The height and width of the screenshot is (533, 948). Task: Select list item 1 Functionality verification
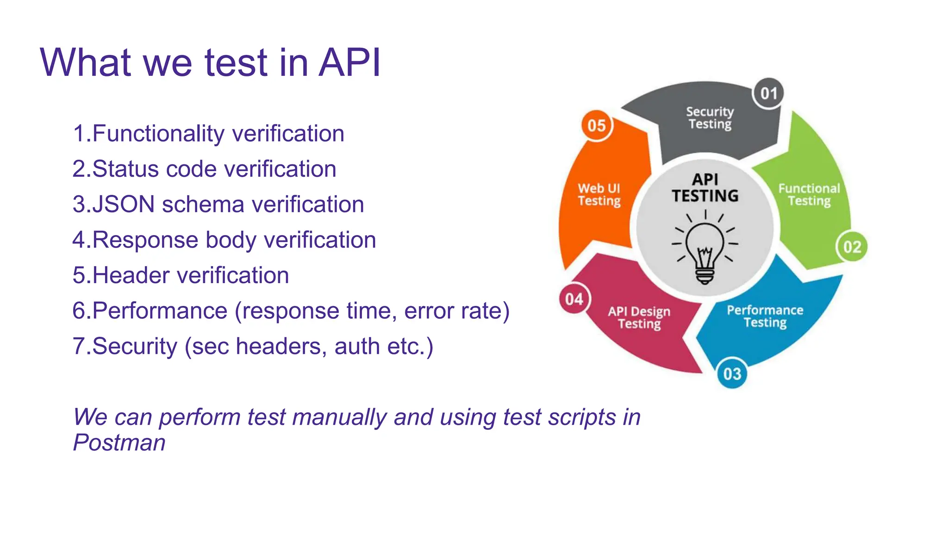point(208,134)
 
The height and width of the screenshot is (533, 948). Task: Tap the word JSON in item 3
point(124,205)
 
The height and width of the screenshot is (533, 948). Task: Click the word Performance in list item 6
point(160,311)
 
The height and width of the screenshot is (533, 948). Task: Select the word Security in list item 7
point(134,347)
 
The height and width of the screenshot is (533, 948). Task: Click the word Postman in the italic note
point(119,442)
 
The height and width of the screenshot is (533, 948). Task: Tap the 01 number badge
point(768,93)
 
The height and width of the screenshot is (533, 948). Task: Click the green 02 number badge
point(852,247)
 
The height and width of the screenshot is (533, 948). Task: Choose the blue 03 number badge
point(732,373)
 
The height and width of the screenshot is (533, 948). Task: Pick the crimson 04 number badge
point(574,299)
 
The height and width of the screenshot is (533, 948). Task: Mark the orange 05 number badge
point(597,125)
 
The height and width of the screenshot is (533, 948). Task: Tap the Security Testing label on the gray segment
point(710,118)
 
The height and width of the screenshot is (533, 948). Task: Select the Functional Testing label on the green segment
point(809,195)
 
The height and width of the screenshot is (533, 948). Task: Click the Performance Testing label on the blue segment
point(765,316)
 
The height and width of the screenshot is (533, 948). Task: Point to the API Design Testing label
point(639,317)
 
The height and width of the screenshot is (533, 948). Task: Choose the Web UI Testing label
point(599,195)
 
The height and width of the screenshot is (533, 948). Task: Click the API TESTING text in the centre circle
point(705,188)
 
